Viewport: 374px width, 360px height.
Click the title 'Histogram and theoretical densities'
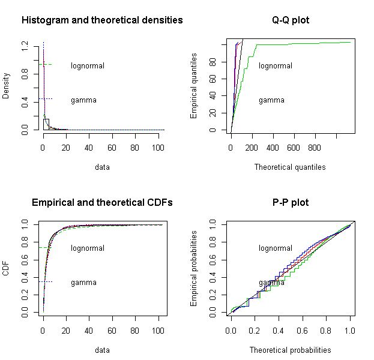click(102, 20)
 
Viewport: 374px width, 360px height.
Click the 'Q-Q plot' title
click(291, 20)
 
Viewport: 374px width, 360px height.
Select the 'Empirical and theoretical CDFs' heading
click(102, 203)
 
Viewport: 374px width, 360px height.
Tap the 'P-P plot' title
click(291, 203)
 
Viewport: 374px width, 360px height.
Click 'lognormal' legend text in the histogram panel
click(88, 65)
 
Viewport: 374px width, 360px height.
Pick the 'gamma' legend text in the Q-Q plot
click(271, 100)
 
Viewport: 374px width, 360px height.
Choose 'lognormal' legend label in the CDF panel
click(88, 248)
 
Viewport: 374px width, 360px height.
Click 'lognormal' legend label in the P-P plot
click(276, 248)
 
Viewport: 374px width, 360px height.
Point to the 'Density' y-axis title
click(6, 86)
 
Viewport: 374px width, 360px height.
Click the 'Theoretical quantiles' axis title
click(290, 167)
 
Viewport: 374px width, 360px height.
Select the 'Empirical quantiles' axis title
click(194, 86)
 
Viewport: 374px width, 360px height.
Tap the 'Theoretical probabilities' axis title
click(290, 350)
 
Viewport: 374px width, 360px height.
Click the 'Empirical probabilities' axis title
click(194, 269)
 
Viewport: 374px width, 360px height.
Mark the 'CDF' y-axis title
click(6, 268)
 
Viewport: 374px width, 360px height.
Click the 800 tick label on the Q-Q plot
click(314, 147)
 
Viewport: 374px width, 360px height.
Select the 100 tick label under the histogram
click(158, 147)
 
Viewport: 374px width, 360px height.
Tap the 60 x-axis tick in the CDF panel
click(112, 329)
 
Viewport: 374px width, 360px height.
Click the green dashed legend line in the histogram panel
click(46, 64)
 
